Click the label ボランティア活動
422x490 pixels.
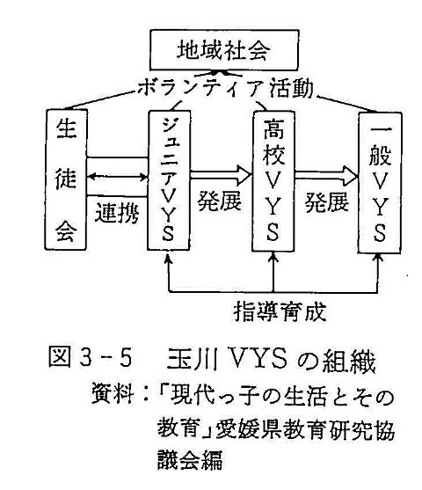[x=225, y=88]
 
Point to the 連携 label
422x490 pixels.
[x=117, y=213]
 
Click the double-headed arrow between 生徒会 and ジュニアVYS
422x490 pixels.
[x=117, y=177]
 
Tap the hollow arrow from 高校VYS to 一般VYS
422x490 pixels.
[x=326, y=176]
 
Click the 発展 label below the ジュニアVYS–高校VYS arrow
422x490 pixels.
[x=220, y=201]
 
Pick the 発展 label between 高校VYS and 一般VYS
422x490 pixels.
[x=327, y=201]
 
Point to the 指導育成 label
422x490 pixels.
[x=280, y=311]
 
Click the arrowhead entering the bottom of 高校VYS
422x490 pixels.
[x=273, y=256]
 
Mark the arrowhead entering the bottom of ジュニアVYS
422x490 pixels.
[x=169, y=255]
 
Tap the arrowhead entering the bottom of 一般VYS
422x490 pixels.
[x=379, y=257]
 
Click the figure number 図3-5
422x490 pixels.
[x=91, y=358]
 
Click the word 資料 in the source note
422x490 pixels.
[x=113, y=395]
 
